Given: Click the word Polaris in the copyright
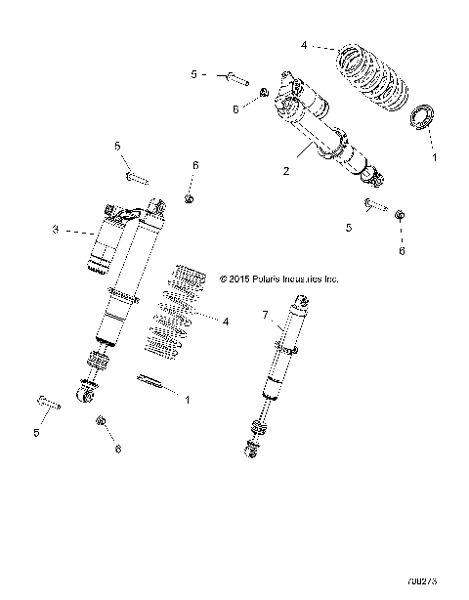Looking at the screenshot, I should click(x=266, y=278).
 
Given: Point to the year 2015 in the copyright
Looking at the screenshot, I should click(x=237, y=278).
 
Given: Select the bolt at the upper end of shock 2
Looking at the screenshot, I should click(x=235, y=75).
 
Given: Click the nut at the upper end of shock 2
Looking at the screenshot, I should click(x=265, y=94).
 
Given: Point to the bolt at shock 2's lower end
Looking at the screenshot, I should click(x=374, y=205).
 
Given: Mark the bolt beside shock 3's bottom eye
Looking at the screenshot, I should click(x=47, y=400).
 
